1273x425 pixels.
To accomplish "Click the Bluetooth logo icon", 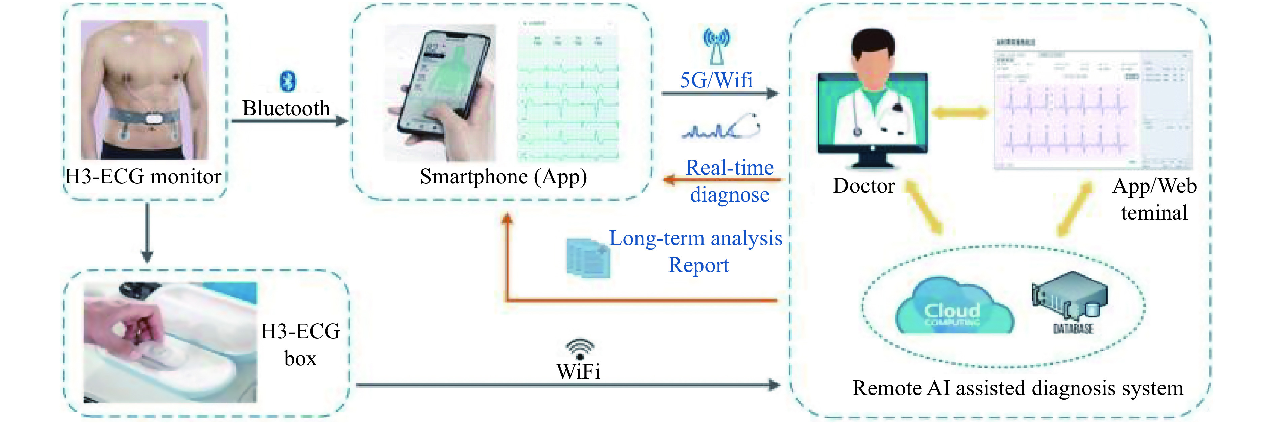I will pyautogui.click(x=288, y=81).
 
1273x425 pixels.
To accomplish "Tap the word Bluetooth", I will pyautogui.click(x=286, y=108).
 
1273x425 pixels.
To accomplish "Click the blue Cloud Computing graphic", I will pyautogui.click(x=953, y=309).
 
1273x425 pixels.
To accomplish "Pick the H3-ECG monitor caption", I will pyautogui.click(x=143, y=177).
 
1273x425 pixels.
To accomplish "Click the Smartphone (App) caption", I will pyautogui.click(x=503, y=177).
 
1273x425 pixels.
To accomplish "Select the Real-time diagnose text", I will pyautogui.click(x=729, y=181).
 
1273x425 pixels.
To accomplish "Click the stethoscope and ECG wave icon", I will pyautogui.click(x=721, y=126).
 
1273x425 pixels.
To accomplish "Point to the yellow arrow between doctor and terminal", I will pyautogui.click(x=960, y=113).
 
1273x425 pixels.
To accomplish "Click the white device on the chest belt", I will pyautogui.click(x=154, y=119).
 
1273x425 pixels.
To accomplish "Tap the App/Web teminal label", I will pyautogui.click(x=1154, y=200).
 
